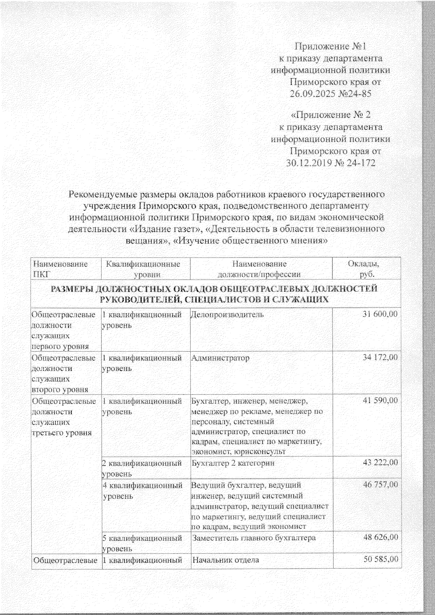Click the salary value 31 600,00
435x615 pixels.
pyautogui.click(x=380, y=314)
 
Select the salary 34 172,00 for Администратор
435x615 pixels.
pyautogui.click(x=380, y=358)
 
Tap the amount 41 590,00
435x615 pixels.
pyautogui.click(x=380, y=401)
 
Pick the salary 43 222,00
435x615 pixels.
pyautogui.click(x=380, y=463)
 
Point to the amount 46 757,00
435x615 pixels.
pyautogui.click(x=380, y=485)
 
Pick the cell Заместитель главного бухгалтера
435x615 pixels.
pyautogui.click(x=254, y=538)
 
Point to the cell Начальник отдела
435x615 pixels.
pyautogui.click(x=225, y=560)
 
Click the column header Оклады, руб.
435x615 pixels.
pyautogui.click(x=366, y=269)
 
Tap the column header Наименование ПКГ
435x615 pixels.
pyautogui.click(x=60, y=269)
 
